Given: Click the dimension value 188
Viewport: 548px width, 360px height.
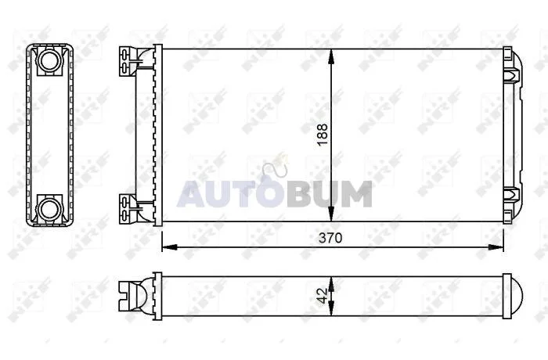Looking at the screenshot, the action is (x=323, y=135).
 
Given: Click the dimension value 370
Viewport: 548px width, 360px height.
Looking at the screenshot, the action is (x=330, y=238).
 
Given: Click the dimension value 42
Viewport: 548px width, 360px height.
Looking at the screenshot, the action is (x=323, y=296).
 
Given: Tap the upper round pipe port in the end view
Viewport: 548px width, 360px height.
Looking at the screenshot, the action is (x=49, y=60).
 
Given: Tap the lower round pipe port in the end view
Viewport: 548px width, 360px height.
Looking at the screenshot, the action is (x=49, y=209).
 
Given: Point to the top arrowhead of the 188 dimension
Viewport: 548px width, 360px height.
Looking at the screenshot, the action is (x=331, y=56).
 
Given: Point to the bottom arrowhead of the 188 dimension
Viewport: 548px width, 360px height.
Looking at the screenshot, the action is (x=331, y=214).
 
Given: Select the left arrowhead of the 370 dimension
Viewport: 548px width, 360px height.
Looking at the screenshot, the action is (x=170, y=247).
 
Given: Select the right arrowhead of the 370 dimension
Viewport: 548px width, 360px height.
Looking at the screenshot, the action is (x=496, y=247).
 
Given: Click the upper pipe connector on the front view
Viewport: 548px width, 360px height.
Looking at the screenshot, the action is (x=135, y=62).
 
